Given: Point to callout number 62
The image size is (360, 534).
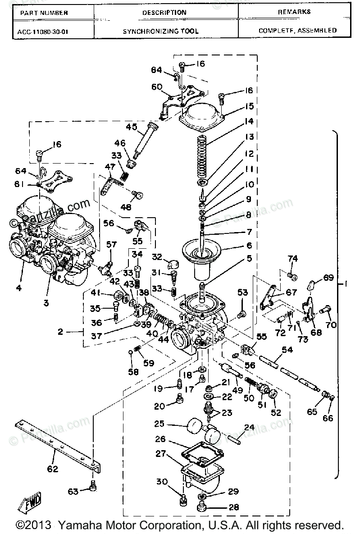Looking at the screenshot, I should click(53, 469).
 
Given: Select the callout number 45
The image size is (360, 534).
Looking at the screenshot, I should click(132, 127).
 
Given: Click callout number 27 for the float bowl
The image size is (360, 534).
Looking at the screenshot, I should click(160, 454).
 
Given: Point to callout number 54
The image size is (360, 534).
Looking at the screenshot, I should click(287, 350).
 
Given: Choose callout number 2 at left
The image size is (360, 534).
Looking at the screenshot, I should click(60, 333).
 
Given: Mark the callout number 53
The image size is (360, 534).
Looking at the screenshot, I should click(243, 294).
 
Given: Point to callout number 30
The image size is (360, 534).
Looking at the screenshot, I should click(162, 482).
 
